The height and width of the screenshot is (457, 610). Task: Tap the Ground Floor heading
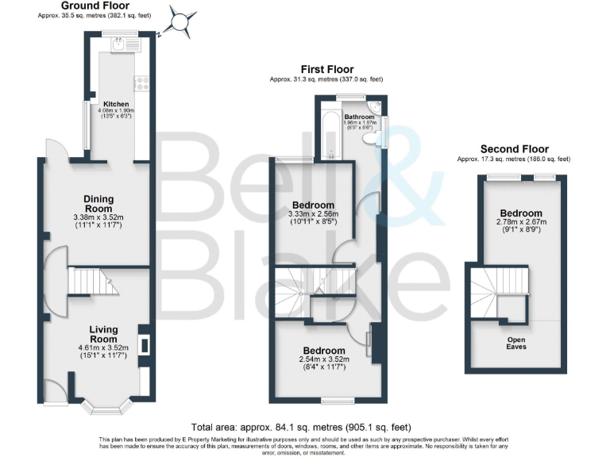click(95, 6)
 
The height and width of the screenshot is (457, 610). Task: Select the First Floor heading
click(326, 70)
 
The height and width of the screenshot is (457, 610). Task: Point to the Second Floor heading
click(513, 149)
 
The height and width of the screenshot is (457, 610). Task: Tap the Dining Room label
click(99, 204)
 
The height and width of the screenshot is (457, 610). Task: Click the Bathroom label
click(359, 117)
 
